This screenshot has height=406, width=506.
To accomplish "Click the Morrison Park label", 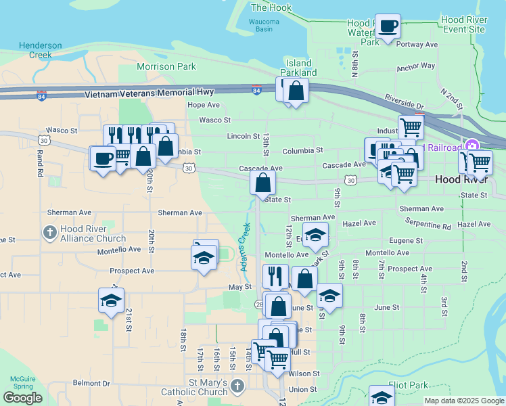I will [166, 66].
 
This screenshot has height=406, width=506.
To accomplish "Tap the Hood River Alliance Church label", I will [93, 234].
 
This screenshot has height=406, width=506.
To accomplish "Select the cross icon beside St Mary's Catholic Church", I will [236, 386].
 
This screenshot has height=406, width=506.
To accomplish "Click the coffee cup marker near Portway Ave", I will [388, 26].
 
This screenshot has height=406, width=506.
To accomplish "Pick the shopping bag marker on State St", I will [262, 181].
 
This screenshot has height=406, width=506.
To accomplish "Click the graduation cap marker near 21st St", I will [111, 300].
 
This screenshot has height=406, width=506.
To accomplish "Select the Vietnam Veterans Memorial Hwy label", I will [149, 92].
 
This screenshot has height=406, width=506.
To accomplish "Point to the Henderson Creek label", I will [40, 50].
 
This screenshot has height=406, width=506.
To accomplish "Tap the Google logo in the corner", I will [22, 398].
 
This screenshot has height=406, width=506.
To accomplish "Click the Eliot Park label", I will [409, 385].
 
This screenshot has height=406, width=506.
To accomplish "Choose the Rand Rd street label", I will [41, 163].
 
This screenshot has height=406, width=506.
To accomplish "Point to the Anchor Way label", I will [415, 66].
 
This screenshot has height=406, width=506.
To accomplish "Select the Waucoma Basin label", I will [264, 26].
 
